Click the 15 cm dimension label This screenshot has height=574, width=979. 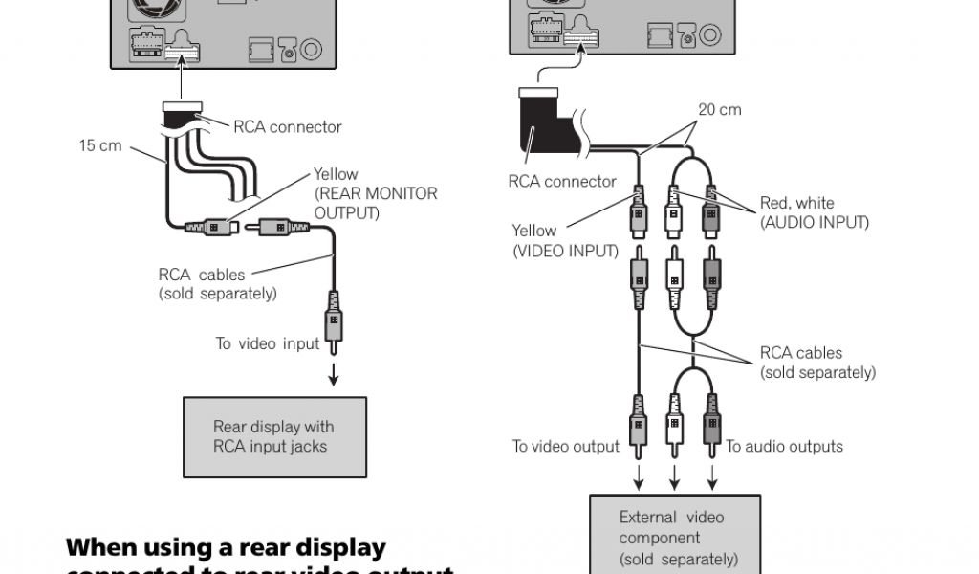click(100, 147)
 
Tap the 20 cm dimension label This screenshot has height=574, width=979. click(719, 109)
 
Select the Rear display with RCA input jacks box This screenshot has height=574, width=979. click(274, 436)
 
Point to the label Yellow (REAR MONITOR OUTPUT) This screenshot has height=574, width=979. click(375, 193)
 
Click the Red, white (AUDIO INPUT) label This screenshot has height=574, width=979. click(814, 212)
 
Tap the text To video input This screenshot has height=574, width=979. click(267, 343)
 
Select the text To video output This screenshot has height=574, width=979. click(565, 446)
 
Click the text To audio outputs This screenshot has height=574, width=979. click(784, 446)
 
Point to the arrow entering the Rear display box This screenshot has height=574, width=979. click(334, 376)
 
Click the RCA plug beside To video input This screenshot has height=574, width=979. click(334, 321)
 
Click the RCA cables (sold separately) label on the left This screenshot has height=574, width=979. click(218, 284)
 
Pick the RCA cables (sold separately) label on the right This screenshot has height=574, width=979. click(816, 363)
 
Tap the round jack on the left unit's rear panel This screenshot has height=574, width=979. click(312, 49)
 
